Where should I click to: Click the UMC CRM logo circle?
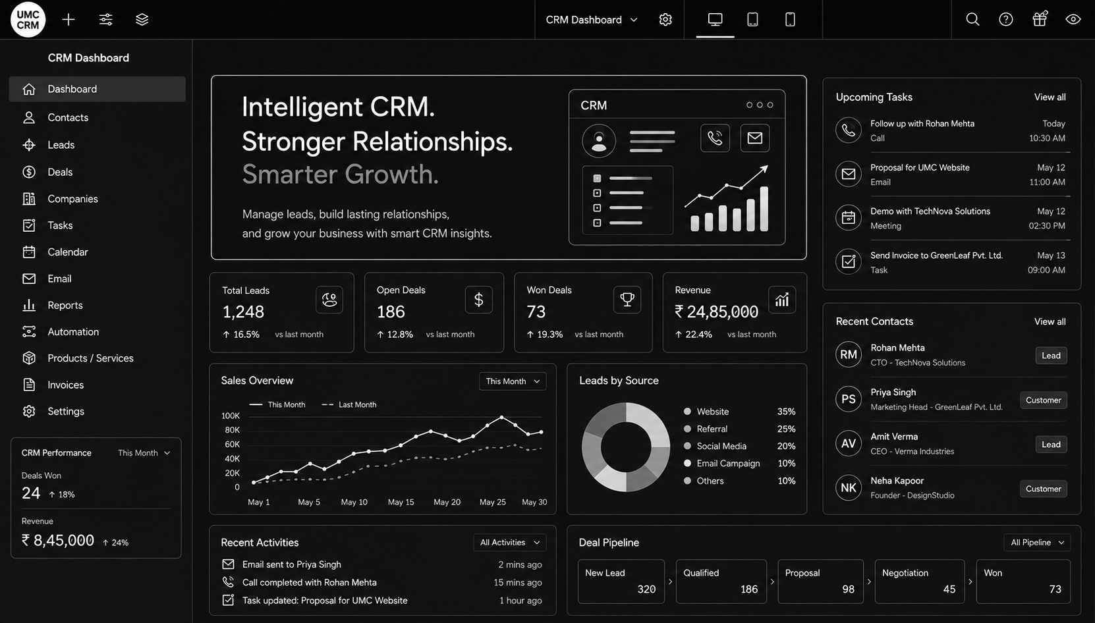pyautogui.click(x=28, y=20)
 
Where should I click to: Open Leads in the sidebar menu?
pyautogui.click(x=61, y=145)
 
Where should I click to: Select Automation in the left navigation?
pyautogui.click(x=73, y=332)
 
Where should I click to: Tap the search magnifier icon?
pyautogui.click(x=972, y=20)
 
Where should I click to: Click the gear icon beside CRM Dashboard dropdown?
pyautogui.click(x=665, y=20)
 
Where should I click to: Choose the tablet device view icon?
pyautogui.click(x=752, y=20)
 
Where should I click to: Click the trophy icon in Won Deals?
pyautogui.click(x=627, y=299)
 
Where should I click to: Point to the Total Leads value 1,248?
pyautogui.click(x=243, y=311)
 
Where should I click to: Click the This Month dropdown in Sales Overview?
pyautogui.click(x=513, y=381)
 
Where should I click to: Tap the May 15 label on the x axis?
pyautogui.click(x=401, y=502)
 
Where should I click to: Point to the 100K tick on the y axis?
pyautogui.click(x=230, y=416)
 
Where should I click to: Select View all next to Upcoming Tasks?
pyautogui.click(x=1050, y=97)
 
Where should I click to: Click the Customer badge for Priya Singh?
pyautogui.click(x=1043, y=400)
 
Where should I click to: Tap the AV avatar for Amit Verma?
pyautogui.click(x=848, y=443)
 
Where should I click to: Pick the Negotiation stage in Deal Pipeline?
pyautogui.click(x=919, y=582)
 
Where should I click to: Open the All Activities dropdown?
pyautogui.click(x=509, y=543)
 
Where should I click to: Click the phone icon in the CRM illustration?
pyautogui.click(x=715, y=138)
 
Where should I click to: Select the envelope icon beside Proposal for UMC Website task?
pyautogui.click(x=848, y=174)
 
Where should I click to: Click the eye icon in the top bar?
pyautogui.click(x=1073, y=20)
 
